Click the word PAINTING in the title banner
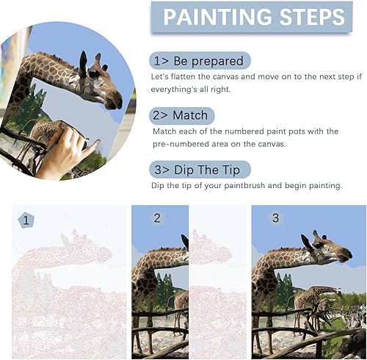coord(218,17)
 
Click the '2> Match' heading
coord(182,115)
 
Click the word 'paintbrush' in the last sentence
coord(244,186)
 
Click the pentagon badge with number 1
coord(26,220)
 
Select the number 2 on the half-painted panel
coord(157,218)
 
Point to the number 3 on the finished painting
coord(275,217)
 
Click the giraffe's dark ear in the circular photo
coord(83,63)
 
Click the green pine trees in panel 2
coord(164,288)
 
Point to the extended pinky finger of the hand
coord(93,146)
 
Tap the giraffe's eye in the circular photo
coord(93,73)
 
